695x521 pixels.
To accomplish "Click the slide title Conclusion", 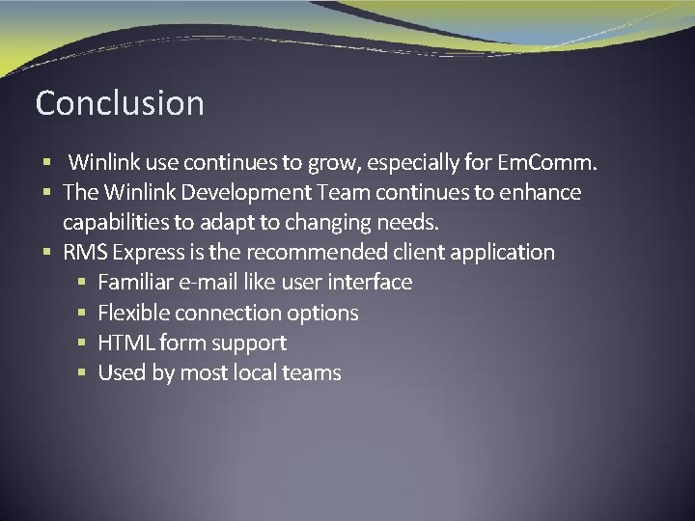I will (x=120, y=103).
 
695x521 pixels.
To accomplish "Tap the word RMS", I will (x=85, y=253).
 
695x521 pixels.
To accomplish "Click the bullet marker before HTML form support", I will (x=82, y=343).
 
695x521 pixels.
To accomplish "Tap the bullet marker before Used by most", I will (x=82, y=372).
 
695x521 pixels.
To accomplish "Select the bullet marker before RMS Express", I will (x=48, y=253).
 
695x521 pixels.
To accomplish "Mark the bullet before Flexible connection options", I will (x=82, y=313).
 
